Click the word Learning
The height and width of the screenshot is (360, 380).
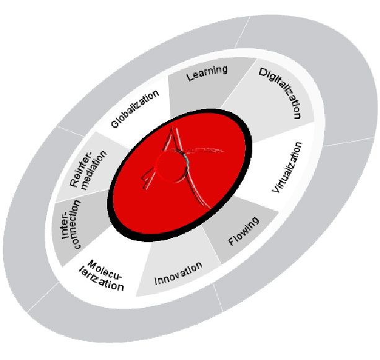coord(207,72)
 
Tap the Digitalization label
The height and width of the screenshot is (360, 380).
coord(281,93)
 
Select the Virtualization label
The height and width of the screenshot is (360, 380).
coord(288,167)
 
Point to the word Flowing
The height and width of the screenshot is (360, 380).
coord(244,231)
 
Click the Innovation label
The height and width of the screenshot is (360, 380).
coord(179,273)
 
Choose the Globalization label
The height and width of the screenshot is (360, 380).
coord(135,109)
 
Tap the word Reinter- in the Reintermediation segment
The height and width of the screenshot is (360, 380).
coord(81,169)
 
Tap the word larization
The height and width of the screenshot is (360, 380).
coord(102,281)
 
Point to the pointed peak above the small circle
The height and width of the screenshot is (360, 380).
coord(172,128)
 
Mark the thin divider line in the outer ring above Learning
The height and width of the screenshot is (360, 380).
coord(242,32)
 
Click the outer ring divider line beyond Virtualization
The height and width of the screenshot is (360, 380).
coord(348,142)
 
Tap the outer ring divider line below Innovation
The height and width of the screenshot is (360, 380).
coord(218,297)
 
